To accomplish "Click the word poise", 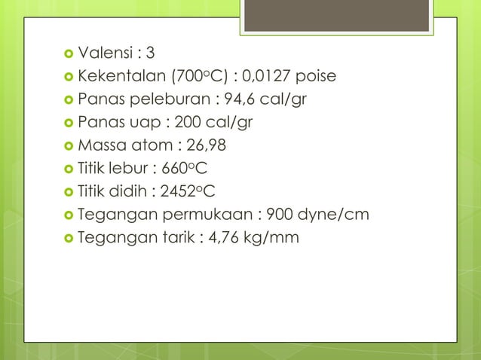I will [x=317, y=76].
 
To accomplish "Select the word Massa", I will [x=101, y=146].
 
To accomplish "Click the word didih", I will [x=130, y=192].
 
